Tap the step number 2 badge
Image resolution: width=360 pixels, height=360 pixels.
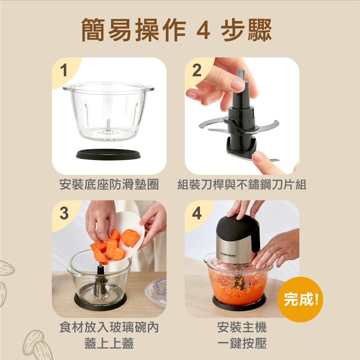[x=197, y=70]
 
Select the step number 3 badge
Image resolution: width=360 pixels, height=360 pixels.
[x=64, y=213]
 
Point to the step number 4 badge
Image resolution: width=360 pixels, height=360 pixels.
[x=197, y=213]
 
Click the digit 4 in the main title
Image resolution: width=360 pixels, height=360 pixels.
[x=203, y=30]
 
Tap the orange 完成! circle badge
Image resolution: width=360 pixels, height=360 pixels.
[x=300, y=299]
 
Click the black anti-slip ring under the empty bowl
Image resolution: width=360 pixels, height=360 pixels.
[x=108, y=154]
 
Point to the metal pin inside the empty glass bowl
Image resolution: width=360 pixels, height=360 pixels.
[x=108, y=126]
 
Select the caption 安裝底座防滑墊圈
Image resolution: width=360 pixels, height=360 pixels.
[x=109, y=184]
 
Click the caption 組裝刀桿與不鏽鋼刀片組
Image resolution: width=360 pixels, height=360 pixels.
[x=242, y=184]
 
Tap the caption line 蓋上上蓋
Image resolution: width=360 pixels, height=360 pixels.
[x=109, y=343]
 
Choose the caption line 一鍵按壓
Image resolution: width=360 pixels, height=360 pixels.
[x=242, y=343]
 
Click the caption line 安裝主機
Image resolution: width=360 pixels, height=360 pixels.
[x=242, y=327]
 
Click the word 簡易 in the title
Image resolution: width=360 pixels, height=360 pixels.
[x=106, y=30]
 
